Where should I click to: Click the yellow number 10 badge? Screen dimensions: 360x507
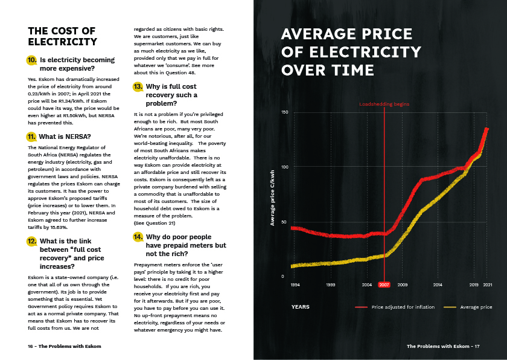32,60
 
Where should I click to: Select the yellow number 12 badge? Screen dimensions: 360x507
32,242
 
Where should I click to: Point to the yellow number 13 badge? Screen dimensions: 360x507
138,87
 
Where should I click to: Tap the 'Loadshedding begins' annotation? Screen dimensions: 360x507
384,104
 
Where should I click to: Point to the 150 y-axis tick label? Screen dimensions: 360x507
284,112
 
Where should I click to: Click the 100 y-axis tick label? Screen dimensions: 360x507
284,167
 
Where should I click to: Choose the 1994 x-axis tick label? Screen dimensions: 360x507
295,284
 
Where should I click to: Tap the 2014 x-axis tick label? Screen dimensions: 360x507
438,284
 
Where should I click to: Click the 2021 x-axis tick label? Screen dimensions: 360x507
487,284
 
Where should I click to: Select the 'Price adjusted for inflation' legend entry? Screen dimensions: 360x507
403,307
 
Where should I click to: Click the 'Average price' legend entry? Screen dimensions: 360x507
476,307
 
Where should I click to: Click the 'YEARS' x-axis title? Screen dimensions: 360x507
300,307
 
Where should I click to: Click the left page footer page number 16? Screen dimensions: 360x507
30,347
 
